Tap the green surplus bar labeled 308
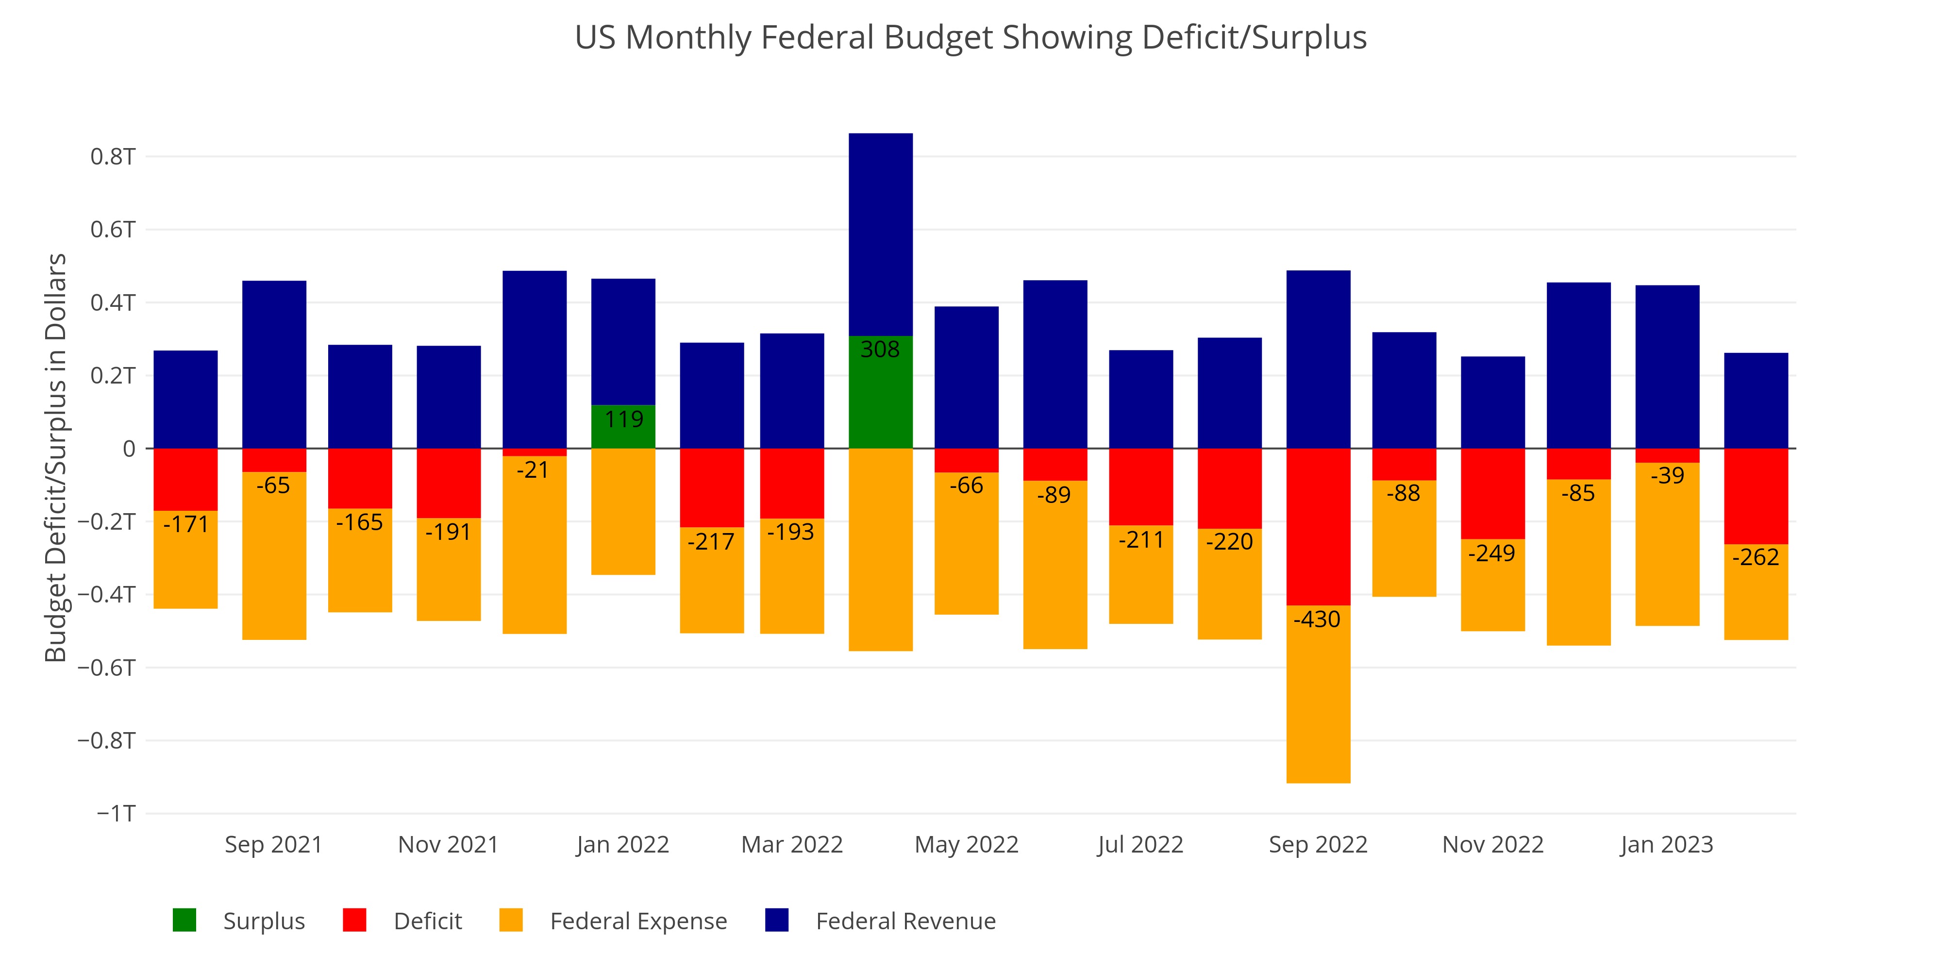click(x=881, y=392)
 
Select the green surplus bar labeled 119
click(x=623, y=427)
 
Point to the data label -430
click(x=1317, y=619)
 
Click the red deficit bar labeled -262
click(x=1756, y=496)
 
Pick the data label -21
click(x=533, y=470)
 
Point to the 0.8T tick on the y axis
click(x=113, y=157)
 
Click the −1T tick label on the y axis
click(x=116, y=813)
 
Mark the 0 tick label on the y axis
click(x=129, y=449)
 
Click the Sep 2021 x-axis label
click(x=274, y=844)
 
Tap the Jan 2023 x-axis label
click(x=1667, y=844)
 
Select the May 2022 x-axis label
click(x=967, y=844)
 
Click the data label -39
click(x=1668, y=476)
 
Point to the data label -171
click(x=186, y=524)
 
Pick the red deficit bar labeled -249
click(x=1493, y=494)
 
